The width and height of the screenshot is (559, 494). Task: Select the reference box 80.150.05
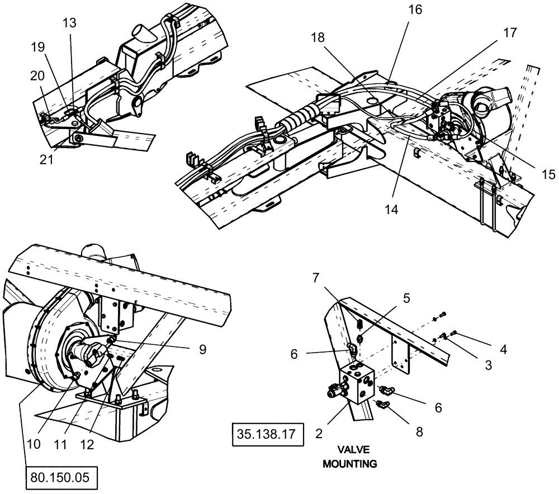pos(61,478)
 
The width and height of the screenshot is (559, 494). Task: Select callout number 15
pos(548,174)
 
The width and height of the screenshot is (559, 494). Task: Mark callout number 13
pos(70,22)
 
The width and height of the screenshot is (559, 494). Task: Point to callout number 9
pos(203,349)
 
